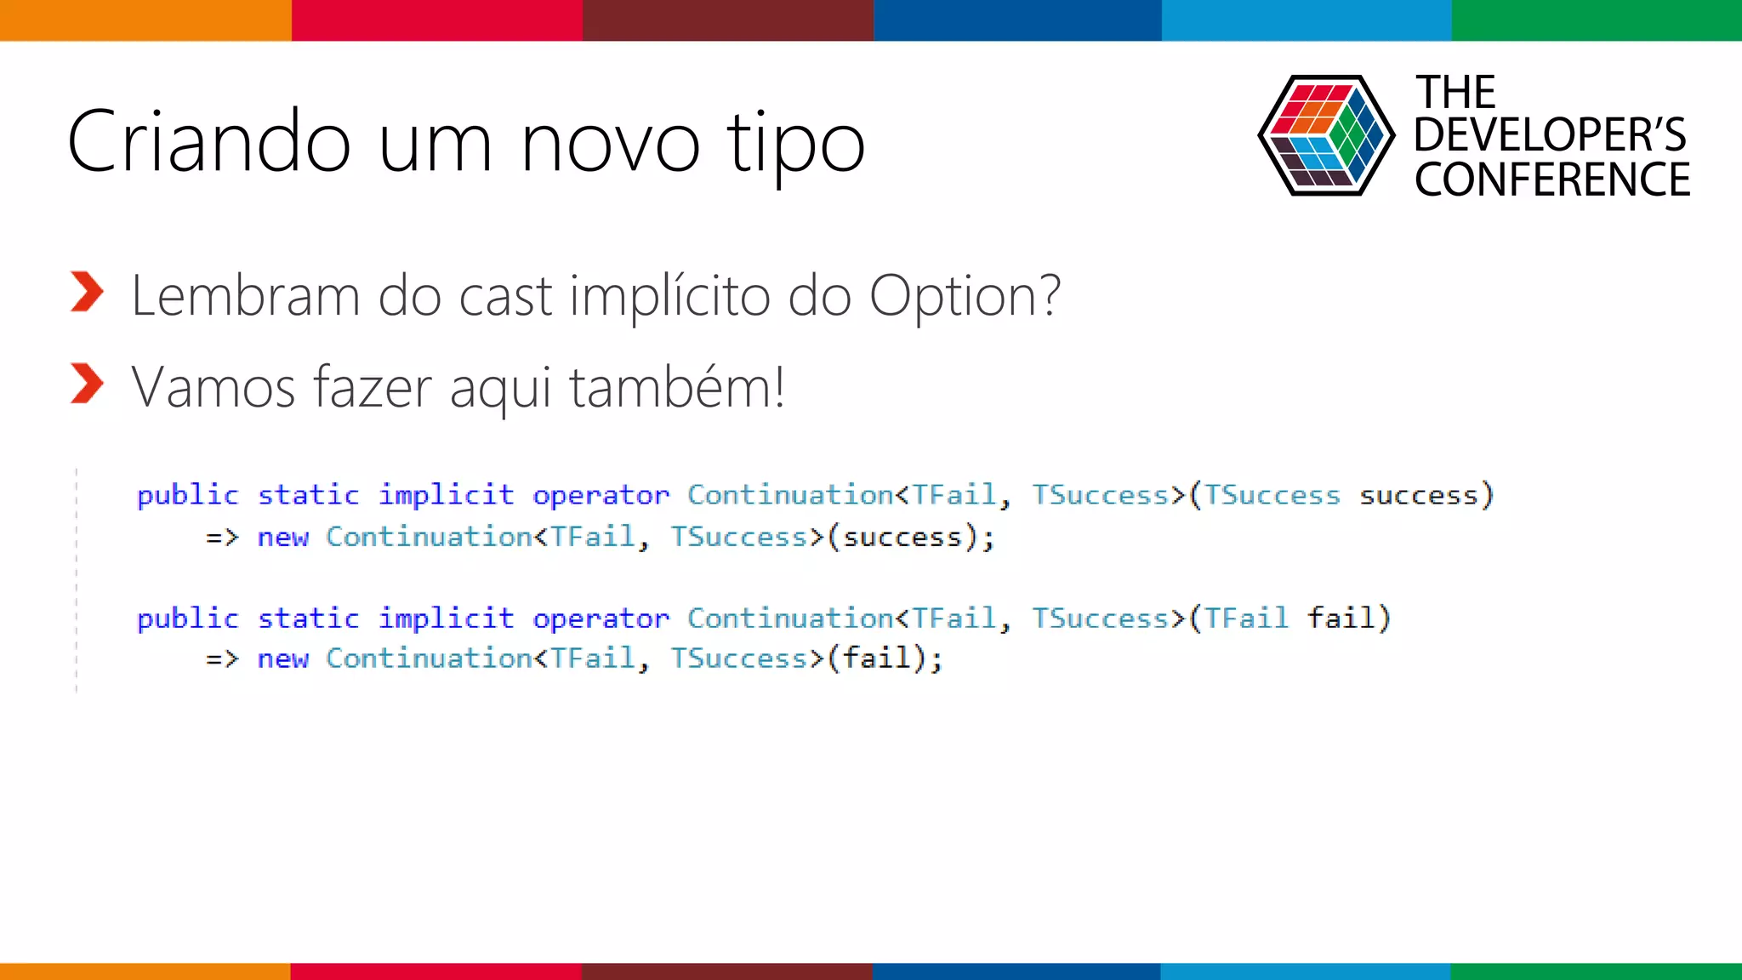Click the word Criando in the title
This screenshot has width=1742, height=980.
pos(208,141)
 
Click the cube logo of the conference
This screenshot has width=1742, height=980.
pos(1326,136)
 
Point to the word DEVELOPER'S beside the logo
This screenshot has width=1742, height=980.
pos(1550,134)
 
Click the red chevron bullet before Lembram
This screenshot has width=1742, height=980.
pos(87,293)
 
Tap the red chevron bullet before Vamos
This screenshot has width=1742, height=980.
pos(87,384)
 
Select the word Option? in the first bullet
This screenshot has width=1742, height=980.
pos(965,296)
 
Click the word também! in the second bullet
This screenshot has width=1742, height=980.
pos(676,387)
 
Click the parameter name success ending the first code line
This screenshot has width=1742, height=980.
pos(1418,495)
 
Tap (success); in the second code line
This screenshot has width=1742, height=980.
pos(911,538)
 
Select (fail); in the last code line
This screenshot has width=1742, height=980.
pos(885,658)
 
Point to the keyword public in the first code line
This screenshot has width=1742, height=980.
pos(188,495)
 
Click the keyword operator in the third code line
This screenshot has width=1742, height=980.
pos(601,618)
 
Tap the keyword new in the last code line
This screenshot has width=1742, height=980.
pos(282,658)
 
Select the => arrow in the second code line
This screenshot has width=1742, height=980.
pos(222,538)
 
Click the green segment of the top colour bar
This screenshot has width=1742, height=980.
pos(1597,20)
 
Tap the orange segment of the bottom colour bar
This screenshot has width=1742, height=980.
pos(145,971)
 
